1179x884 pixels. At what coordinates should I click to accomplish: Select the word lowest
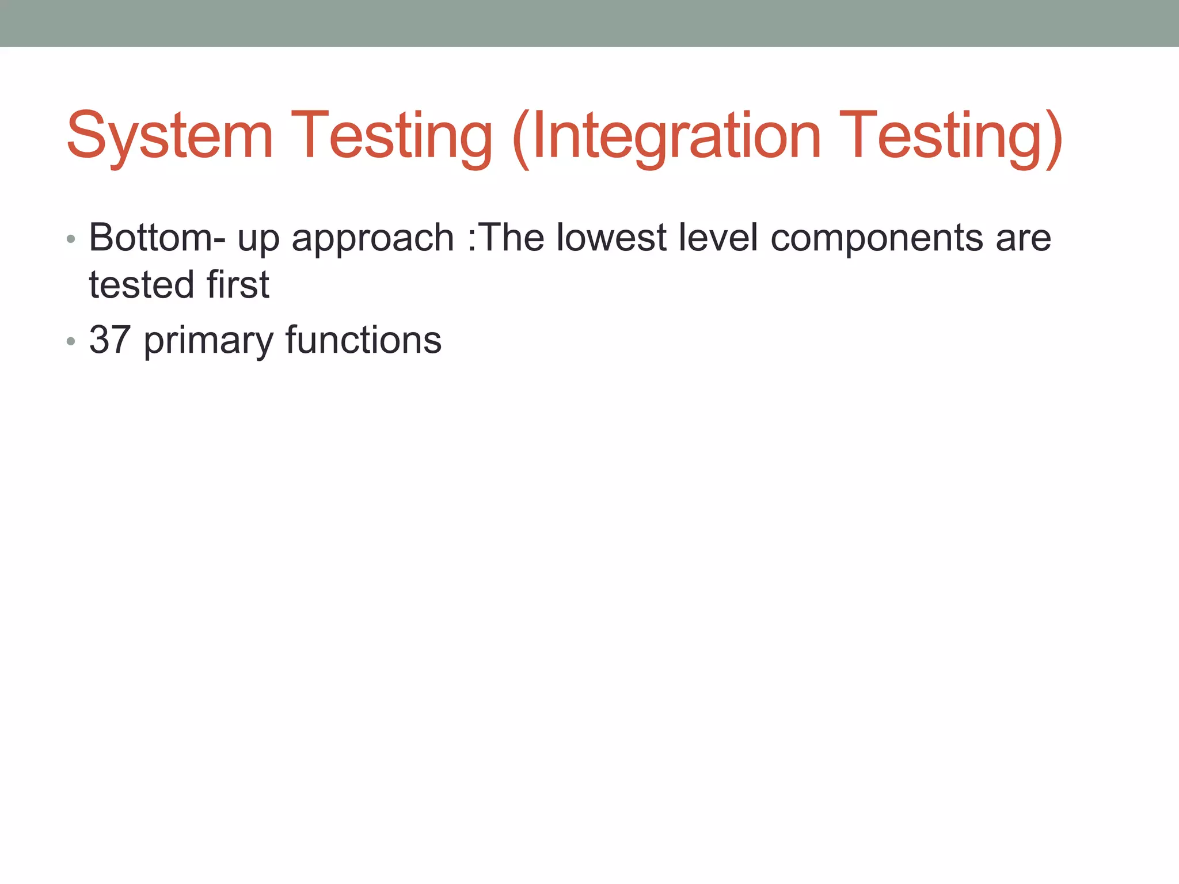pos(611,238)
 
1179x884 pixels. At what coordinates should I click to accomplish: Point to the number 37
pos(109,340)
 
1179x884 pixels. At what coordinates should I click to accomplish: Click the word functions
pos(363,340)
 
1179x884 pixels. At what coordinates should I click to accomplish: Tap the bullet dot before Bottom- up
pos(71,239)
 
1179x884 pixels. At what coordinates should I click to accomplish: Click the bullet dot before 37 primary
pos(71,342)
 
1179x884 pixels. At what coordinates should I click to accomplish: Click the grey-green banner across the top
pos(589,23)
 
